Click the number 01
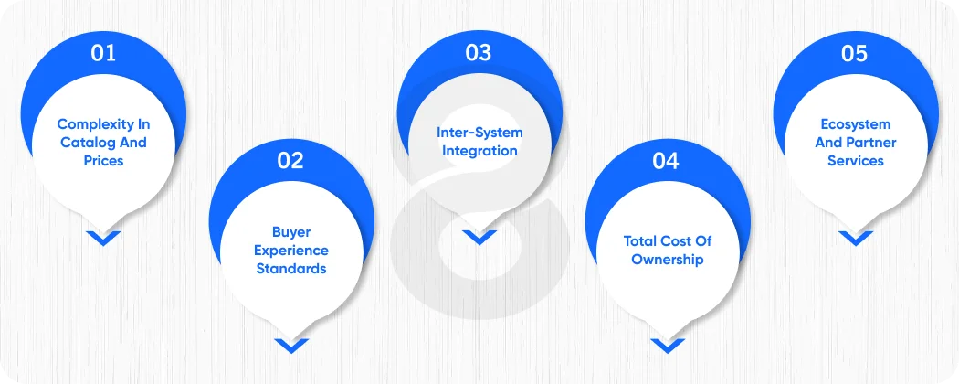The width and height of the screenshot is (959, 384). click(x=103, y=53)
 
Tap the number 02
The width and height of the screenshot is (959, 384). click(x=290, y=161)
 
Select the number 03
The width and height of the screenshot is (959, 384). click(x=479, y=53)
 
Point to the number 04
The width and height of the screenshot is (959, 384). click(x=666, y=162)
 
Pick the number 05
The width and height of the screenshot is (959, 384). click(x=854, y=53)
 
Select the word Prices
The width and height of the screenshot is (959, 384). click(x=103, y=161)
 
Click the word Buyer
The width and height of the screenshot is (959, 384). click(x=290, y=232)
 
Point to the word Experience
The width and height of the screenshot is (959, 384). click(x=290, y=251)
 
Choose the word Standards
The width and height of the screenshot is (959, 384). click(x=290, y=269)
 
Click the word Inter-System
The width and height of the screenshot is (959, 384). click(x=479, y=133)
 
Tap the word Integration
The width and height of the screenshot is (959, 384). click(x=479, y=151)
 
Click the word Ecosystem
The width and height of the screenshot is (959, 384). click(x=855, y=124)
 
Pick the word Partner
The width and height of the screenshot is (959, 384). click(x=869, y=143)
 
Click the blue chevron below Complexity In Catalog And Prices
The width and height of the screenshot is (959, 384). click(x=103, y=238)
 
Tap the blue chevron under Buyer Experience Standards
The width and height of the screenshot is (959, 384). click(x=290, y=346)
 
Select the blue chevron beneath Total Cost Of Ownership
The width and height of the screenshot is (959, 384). click(x=666, y=346)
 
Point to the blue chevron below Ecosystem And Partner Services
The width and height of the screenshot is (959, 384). click(x=855, y=238)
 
